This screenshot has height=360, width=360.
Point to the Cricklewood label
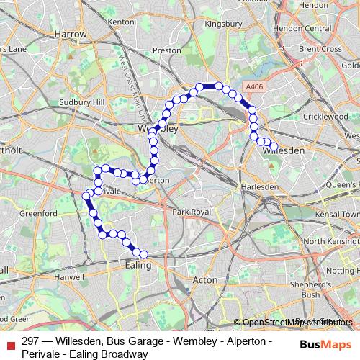tap(326, 116)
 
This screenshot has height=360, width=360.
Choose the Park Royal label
tap(192, 212)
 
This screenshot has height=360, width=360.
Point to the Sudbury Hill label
tap(81, 102)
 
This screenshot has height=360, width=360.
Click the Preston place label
tap(166, 51)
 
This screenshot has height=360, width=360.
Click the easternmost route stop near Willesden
tap(274, 146)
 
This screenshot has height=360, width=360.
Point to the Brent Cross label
tap(321, 49)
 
